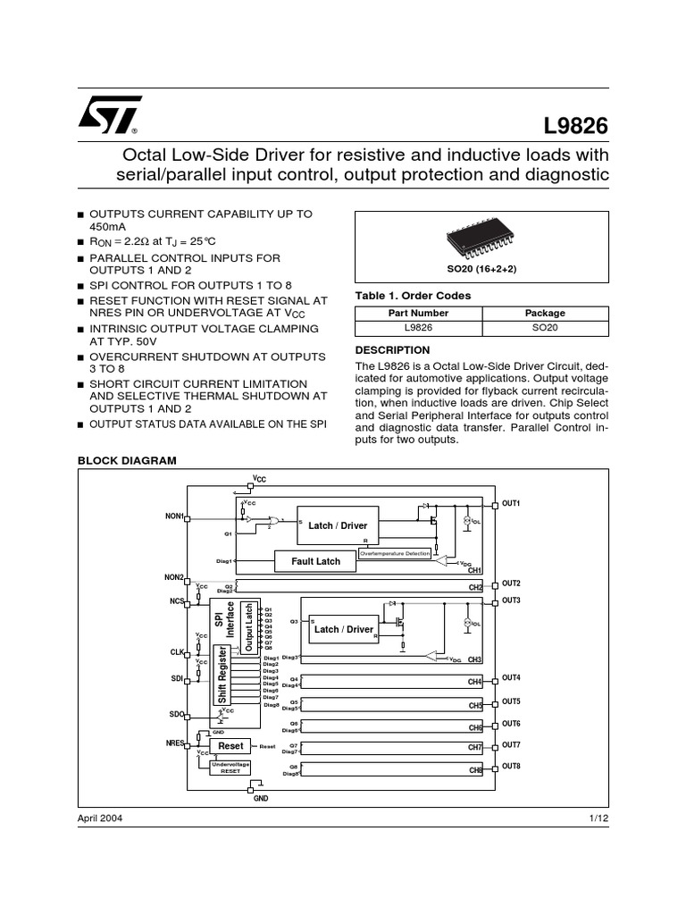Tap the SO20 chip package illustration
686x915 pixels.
(481, 238)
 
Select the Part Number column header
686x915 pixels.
(418, 314)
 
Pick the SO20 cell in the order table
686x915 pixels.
(544, 328)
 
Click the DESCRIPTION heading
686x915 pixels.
(393, 350)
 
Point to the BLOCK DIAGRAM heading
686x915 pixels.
(128, 460)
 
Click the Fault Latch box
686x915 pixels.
(316, 561)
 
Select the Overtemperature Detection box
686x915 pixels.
(394, 554)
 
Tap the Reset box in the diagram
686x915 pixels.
(230, 745)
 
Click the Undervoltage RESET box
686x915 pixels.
(230, 768)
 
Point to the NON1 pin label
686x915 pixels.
(173, 516)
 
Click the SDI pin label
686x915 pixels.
(175, 679)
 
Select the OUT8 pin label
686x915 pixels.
(511, 767)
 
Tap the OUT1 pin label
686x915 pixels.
(511, 504)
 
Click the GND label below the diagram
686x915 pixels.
(261, 797)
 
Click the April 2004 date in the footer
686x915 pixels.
(100, 818)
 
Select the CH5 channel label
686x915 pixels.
(475, 706)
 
